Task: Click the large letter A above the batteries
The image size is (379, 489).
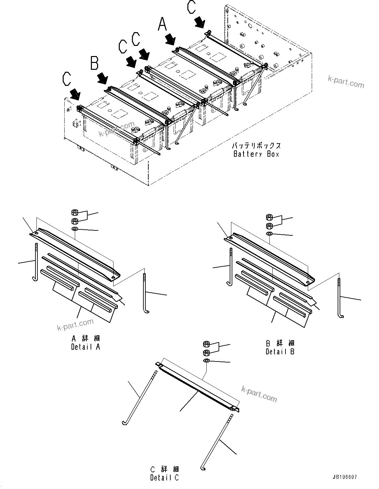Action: (162, 24)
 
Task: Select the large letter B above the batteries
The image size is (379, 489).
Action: (95, 63)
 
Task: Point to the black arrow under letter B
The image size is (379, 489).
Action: (102, 78)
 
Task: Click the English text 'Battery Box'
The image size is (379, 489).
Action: (256, 154)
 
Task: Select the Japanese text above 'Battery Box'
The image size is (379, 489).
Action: (256, 146)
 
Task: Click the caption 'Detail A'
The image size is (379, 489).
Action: (85, 347)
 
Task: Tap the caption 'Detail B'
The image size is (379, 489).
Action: (280, 351)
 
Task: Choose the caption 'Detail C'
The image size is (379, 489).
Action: (164, 478)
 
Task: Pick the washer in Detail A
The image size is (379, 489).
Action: (74, 229)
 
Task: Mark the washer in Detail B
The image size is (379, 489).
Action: (269, 233)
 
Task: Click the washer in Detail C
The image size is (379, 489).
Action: (206, 361)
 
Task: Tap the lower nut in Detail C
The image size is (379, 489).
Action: (206, 353)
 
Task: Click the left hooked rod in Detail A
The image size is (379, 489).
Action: (35, 262)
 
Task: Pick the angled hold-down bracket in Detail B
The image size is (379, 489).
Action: (269, 259)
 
